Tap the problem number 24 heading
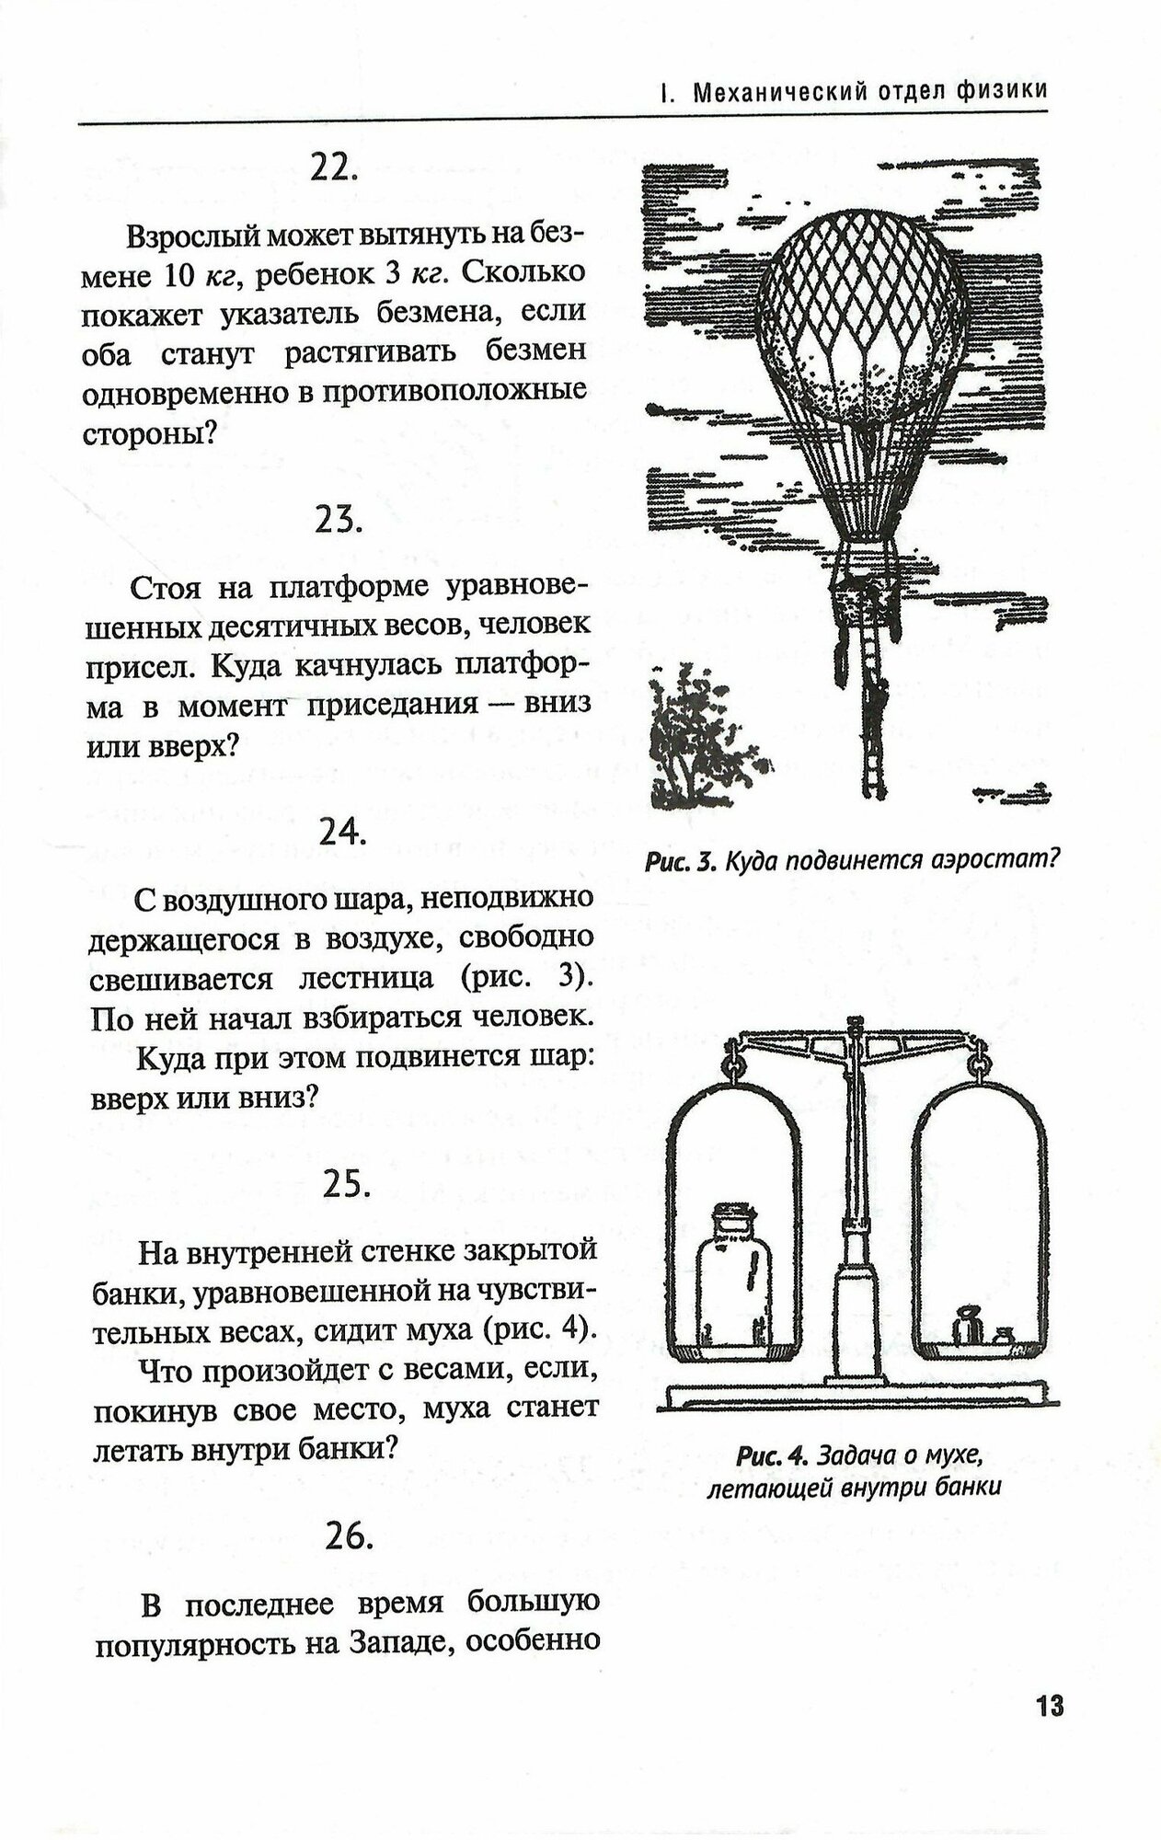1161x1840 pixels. tap(343, 833)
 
